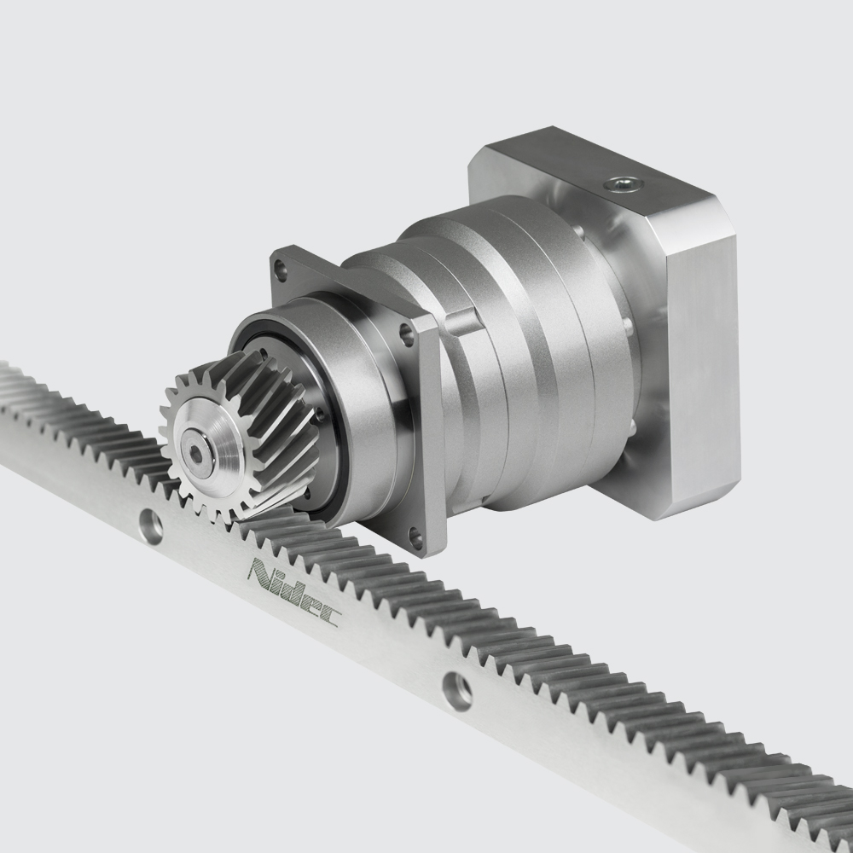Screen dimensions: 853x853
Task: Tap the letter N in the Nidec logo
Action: pos(259,573)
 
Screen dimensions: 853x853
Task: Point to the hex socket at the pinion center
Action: pos(197,455)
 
